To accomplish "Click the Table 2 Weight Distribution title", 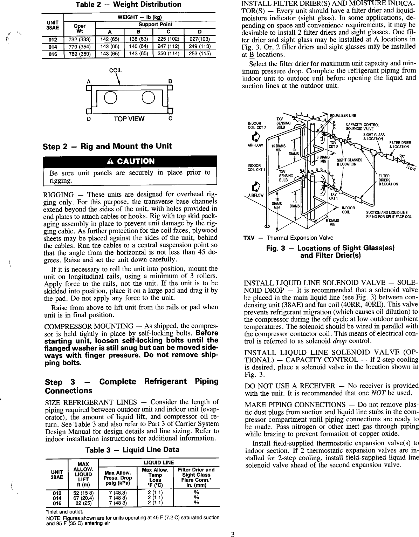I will [x=129, y=5].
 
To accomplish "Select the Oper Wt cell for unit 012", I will [x=80, y=39].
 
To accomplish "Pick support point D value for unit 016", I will [x=200, y=54].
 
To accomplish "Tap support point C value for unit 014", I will [x=166, y=47].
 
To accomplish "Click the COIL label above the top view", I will [x=116, y=70].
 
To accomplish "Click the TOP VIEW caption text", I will [x=129, y=118].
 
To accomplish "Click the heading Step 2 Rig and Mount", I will [x=107, y=146].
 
